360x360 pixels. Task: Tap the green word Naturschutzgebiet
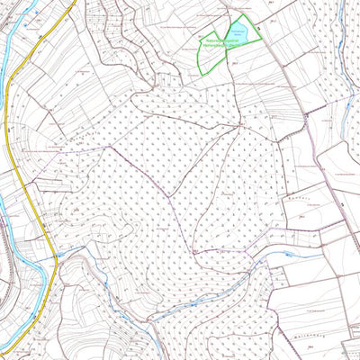(x=220, y=40)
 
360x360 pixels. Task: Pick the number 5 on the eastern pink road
(x=345, y=206)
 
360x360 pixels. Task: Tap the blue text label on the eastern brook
(x=287, y=255)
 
